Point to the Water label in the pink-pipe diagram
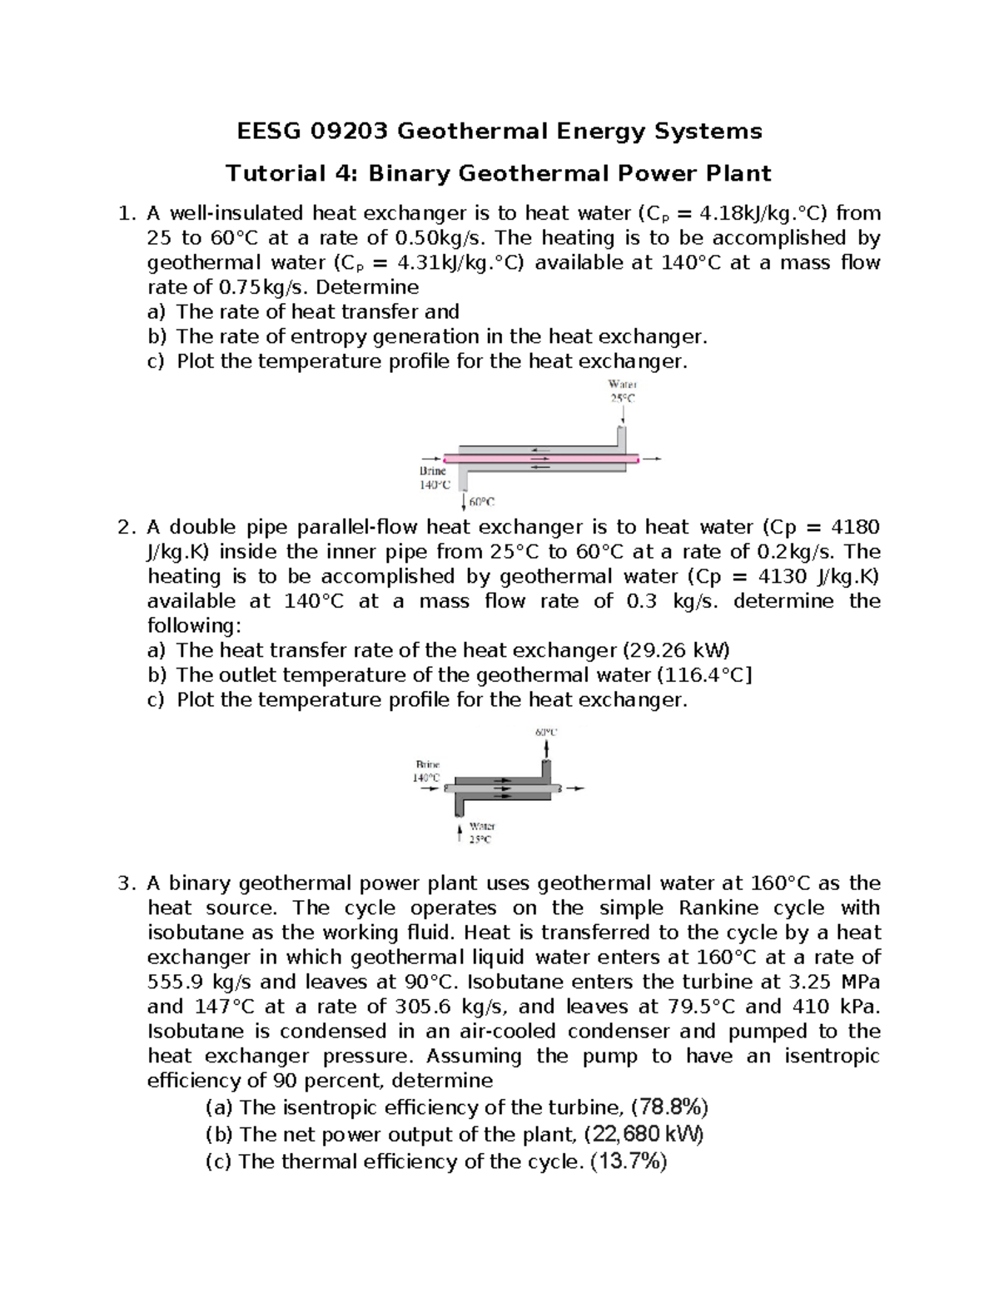point(622,385)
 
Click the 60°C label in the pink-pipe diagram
point(481,502)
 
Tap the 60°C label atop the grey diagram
point(546,733)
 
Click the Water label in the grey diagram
point(482,826)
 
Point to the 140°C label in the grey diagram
point(426,777)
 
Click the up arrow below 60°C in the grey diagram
point(546,748)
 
